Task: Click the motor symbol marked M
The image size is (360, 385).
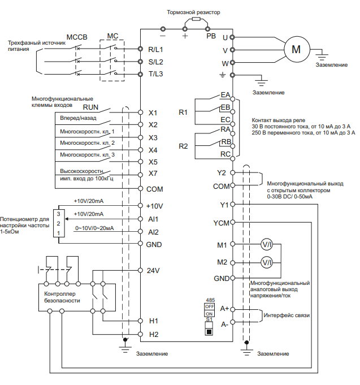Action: (x=296, y=49)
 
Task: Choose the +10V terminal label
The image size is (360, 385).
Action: (x=154, y=206)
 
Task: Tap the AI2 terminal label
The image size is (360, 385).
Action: (x=153, y=232)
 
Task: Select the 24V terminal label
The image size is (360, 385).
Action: (x=153, y=271)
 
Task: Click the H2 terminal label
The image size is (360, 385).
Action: (x=154, y=334)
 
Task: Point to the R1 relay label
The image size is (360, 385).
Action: (x=183, y=113)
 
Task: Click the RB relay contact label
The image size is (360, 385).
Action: (x=225, y=141)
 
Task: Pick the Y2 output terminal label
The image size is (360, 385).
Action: (x=222, y=172)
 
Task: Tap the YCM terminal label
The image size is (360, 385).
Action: (x=221, y=223)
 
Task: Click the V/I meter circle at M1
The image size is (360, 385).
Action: (x=266, y=245)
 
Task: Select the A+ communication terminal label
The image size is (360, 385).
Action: (x=224, y=309)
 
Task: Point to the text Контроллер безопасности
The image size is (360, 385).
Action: (x=62, y=297)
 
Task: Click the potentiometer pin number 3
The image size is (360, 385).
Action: (x=58, y=215)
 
